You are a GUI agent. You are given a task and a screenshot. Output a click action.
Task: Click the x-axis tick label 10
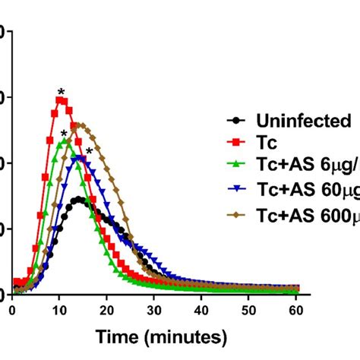click(x=59, y=310)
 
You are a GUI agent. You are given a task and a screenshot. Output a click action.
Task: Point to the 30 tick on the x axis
click(x=154, y=310)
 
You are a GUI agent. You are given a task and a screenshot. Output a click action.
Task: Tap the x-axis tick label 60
click(x=296, y=310)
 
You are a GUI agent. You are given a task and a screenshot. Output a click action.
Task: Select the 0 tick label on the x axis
click(x=12, y=310)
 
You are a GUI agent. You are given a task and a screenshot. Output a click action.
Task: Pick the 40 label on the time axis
click(x=201, y=310)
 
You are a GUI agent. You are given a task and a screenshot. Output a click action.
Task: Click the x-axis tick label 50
click(x=248, y=310)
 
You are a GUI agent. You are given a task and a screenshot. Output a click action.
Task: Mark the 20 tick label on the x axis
click(x=107, y=310)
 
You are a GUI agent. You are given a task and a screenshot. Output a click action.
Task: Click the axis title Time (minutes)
click(x=155, y=335)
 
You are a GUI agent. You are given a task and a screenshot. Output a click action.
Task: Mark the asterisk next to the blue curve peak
click(x=89, y=151)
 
